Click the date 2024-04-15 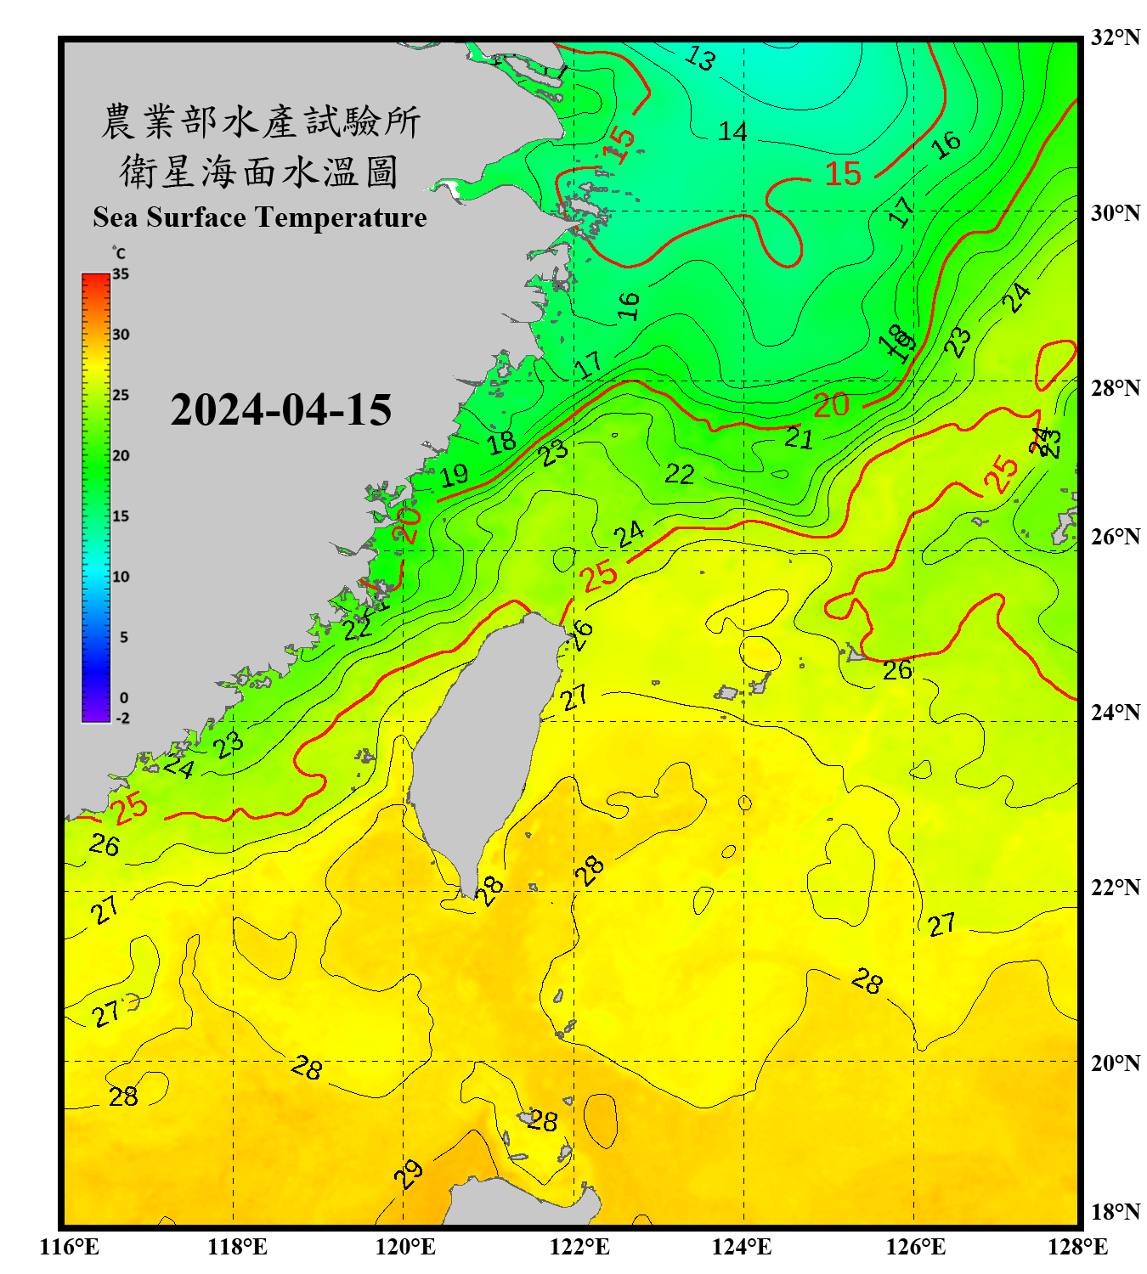point(280,410)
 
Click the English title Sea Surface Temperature point(260,217)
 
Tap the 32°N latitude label point(1115,37)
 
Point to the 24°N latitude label point(1115,712)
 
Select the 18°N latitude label point(1115,1212)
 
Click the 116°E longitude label point(70,1247)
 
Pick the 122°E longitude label point(579,1247)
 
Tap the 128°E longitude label point(1077,1247)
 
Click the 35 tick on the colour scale point(121,274)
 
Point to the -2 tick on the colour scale point(122,719)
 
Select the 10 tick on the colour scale point(121,577)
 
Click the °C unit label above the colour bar point(119,253)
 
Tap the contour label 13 point(700,58)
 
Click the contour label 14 point(732,132)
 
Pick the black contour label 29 point(409,1174)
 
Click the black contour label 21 point(799,438)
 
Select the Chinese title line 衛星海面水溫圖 point(259,172)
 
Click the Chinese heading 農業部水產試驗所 point(261,121)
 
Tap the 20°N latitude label point(1115,1063)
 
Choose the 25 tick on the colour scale point(121,395)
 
